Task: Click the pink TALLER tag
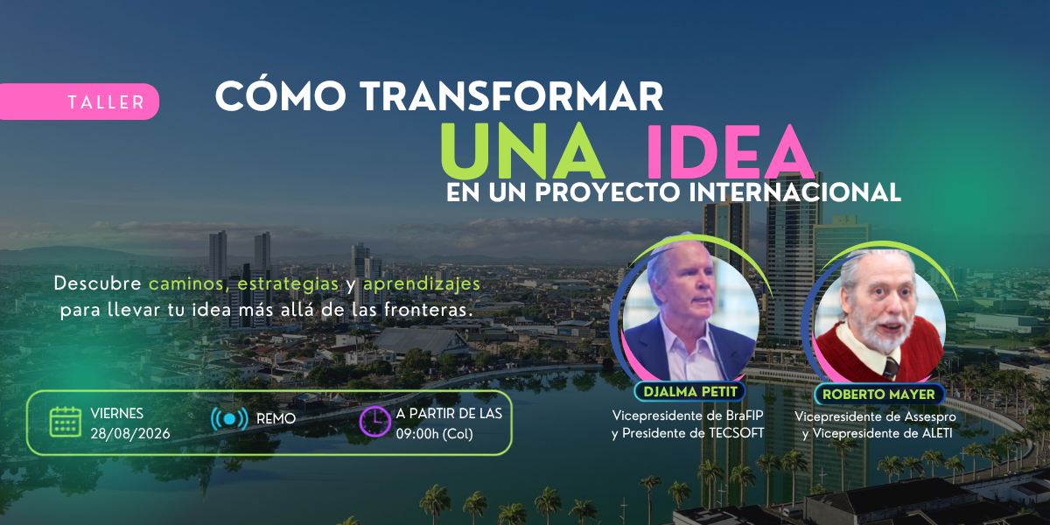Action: (x=80, y=101)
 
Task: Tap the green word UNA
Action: (x=521, y=150)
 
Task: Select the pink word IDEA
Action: (x=729, y=150)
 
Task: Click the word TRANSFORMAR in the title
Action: (x=511, y=96)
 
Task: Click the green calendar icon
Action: (x=65, y=422)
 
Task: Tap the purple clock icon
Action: (x=374, y=422)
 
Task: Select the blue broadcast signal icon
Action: (x=229, y=419)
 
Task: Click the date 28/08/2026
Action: (x=130, y=434)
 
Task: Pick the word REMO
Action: (x=276, y=418)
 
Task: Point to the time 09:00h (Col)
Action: (x=435, y=434)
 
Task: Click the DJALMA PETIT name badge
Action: (x=690, y=392)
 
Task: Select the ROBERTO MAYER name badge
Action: (x=878, y=395)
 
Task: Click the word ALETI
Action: (x=936, y=434)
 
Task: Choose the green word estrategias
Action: (x=288, y=284)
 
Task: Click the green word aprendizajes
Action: (x=422, y=284)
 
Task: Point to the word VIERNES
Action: (x=116, y=413)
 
